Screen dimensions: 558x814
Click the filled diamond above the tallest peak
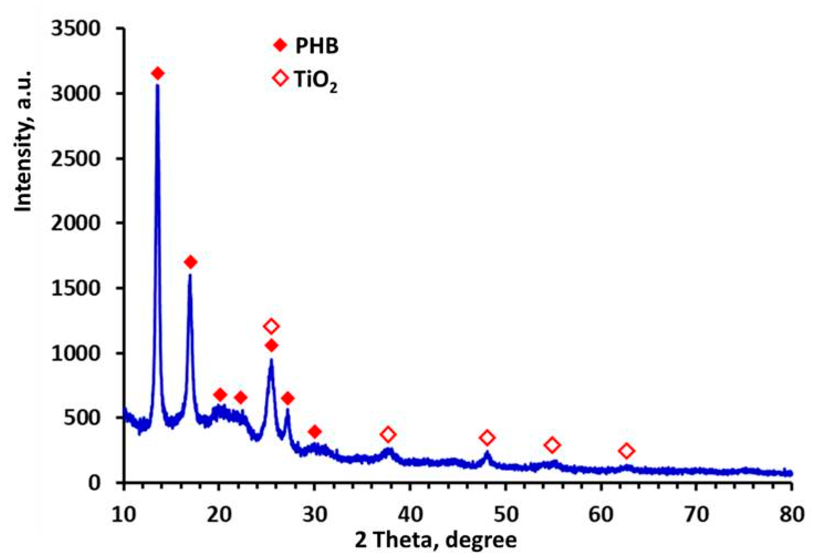pos(158,74)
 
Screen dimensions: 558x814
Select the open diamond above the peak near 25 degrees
pos(271,326)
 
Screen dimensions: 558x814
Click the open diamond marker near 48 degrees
pos(487,437)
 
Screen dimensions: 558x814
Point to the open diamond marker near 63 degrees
pos(627,451)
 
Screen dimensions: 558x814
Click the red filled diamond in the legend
pos(280,45)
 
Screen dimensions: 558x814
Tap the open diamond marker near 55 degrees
pos(552,445)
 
